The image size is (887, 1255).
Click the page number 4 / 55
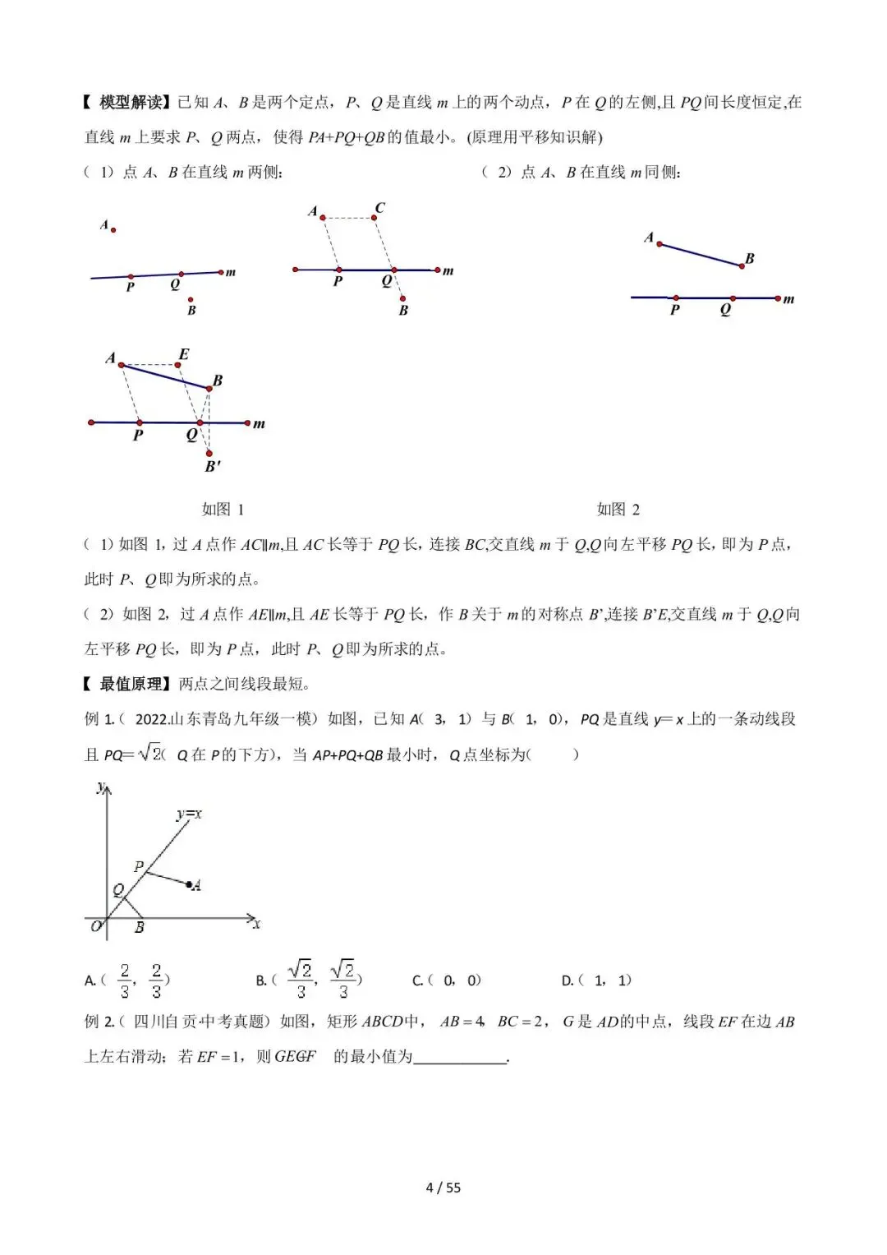pyautogui.click(x=443, y=1188)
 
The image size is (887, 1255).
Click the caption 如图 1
pyautogui.click(x=223, y=510)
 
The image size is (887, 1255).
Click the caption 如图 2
pyautogui.click(x=618, y=510)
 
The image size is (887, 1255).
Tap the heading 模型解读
pyautogui.click(x=131, y=103)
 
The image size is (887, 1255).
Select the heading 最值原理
pyautogui.click(x=131, y=684)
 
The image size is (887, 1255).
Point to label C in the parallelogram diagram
pyautogui.click(x=379, y=208)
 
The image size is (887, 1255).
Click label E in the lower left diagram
pyautogui.click(x=183, y=354)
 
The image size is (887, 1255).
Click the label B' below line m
pyautogui.click(x=213, y=466)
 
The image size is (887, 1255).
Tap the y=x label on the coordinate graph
pyautogui.click(x=189, y=814)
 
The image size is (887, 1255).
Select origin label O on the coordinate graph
pyautogui.click(x=96, y=926)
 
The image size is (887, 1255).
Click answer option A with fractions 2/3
pyautogui.click(x=127, y=980)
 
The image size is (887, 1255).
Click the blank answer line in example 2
pyautogui.click(x=460, y=1058)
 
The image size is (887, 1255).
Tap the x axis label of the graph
pyautogui.click(x=257, y=925)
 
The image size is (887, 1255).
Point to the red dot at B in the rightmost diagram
pyautogui.click(x=742, y=266)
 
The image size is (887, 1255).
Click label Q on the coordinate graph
pyautogui.click(x=118, y=889)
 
